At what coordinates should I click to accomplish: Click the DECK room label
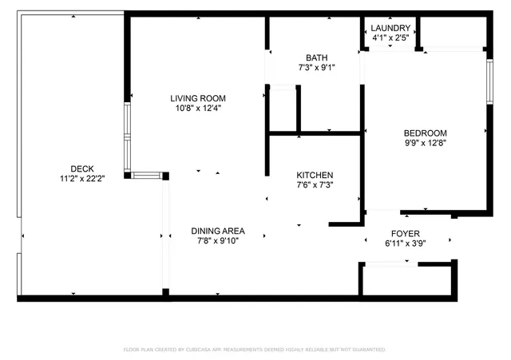[82, 168]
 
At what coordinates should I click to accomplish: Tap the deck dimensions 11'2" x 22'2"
[82, 178]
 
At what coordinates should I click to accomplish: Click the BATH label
[316, 57]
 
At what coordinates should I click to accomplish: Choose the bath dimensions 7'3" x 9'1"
[316, 68]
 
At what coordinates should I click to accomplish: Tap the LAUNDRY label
[391, 28]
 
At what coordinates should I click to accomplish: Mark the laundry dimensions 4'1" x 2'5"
[391, 38]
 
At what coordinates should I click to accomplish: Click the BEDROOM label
[425, 133]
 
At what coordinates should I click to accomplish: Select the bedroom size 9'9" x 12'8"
[425, 144]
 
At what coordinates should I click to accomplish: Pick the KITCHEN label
[315, 175]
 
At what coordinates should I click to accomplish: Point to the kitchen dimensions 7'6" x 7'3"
[315, 185]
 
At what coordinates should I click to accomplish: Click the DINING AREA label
[217, 231]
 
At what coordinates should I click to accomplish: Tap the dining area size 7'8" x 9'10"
[217, 241]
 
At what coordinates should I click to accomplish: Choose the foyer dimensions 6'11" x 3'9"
[406, 243]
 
